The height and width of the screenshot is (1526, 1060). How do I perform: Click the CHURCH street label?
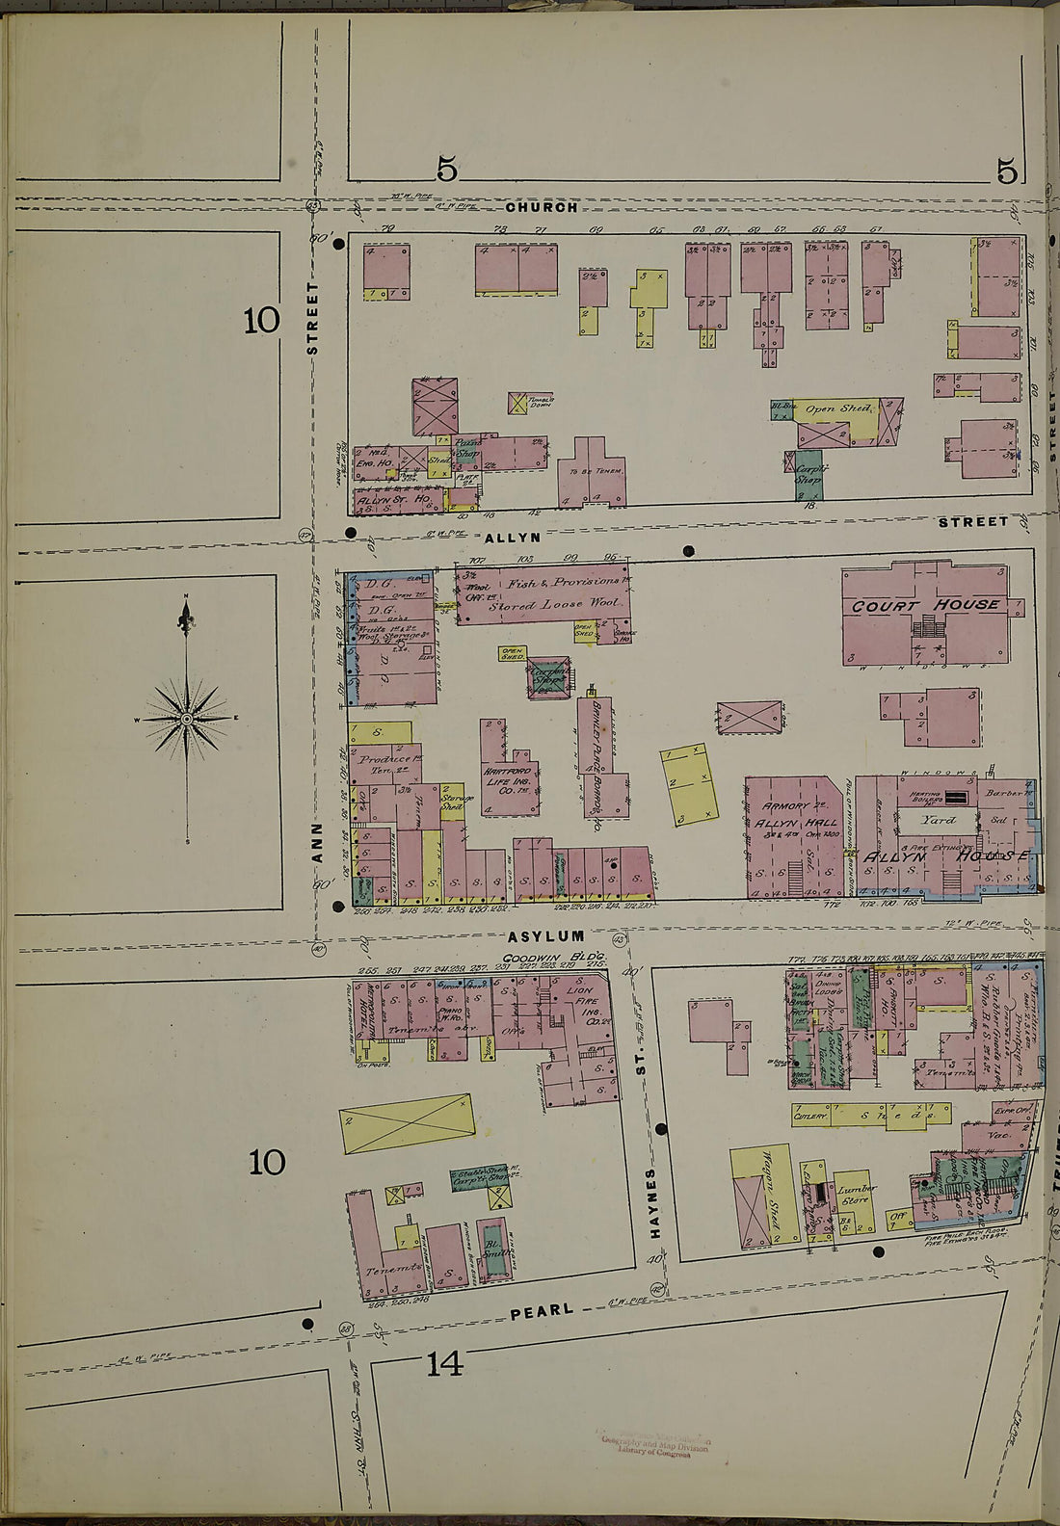pyautogui.click(x=542, y=207)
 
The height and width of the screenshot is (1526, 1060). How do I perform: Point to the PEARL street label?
pyautogui.click(x=542, y=1310)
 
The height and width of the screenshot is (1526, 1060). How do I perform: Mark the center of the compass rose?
pyautogui.click(x=186, y=719)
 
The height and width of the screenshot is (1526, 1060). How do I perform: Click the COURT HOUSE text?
pyautogui.click(x=925, y=605)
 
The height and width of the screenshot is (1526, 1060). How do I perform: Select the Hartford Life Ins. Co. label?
pyautogui.click(x=508, y=781)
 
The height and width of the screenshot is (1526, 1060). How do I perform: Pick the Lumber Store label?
pyautogui.click(x=855, y=1195)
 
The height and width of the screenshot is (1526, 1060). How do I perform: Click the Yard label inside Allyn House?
pyautogui.click(x=937, y=820)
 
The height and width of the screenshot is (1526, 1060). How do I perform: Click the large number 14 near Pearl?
pyautogui.click(x=444, y=1364)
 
